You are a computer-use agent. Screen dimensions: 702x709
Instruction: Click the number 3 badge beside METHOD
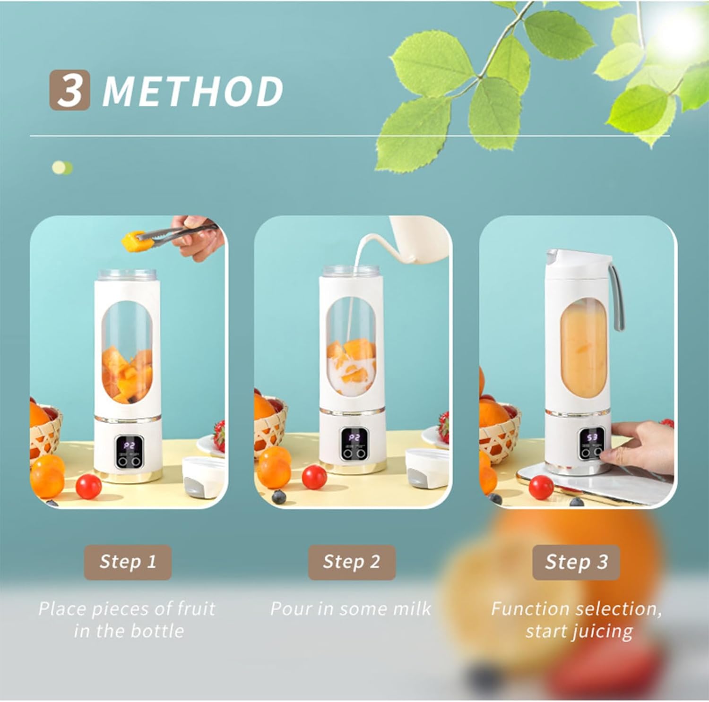[x=69, y=90]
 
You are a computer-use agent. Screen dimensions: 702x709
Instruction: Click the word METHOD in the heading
[x=193, y=91]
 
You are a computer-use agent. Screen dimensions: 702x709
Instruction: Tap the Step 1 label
[x=128, y=562]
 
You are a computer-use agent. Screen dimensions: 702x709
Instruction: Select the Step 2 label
[x=352, y=562]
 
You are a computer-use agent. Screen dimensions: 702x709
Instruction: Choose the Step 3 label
[x=576, y=562]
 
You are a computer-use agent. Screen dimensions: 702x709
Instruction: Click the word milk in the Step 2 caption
[x=412, y=608]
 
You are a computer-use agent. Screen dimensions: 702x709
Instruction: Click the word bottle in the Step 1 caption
[x=158, y=631]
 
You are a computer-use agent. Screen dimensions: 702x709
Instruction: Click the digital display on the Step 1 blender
[x=129, y=445]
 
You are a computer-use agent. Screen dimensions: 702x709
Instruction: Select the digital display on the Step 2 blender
[x=354, y=438]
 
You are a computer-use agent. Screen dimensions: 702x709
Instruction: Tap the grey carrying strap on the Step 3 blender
[x=616, y=298]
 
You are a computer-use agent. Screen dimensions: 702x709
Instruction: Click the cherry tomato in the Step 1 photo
[x=88, y=485]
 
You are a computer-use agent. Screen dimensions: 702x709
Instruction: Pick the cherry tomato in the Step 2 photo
[x=314, y=477]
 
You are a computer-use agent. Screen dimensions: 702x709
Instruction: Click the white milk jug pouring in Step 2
[x=421, y=241]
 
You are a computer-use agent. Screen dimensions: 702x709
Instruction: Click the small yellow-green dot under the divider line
[x=62, y=168]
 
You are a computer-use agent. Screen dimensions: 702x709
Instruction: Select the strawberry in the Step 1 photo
[x=219, y=435]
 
